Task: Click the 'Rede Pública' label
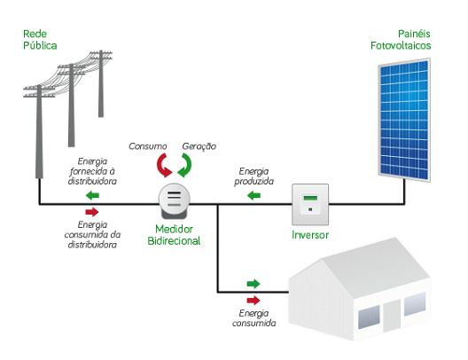(40, 40)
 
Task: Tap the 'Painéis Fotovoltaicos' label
(401, 40)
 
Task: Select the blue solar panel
(405, 120)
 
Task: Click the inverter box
(310, 205)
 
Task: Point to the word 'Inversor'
(310, 235)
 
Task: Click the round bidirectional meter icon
(175, 200)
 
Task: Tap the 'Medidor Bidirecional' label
(174, 235)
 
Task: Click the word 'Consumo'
(148, 146)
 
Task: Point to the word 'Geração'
(199, 146)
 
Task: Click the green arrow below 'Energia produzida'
(253, 196)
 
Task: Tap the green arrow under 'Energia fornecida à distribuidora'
(92, 196)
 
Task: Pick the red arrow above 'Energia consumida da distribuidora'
(92, 212)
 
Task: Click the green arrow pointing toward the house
(253, 284)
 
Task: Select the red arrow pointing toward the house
(253, 301)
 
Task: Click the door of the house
(392, 316)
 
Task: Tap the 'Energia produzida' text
(254, 176)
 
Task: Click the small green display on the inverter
(310, 198)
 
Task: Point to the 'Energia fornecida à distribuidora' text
(92, 171)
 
